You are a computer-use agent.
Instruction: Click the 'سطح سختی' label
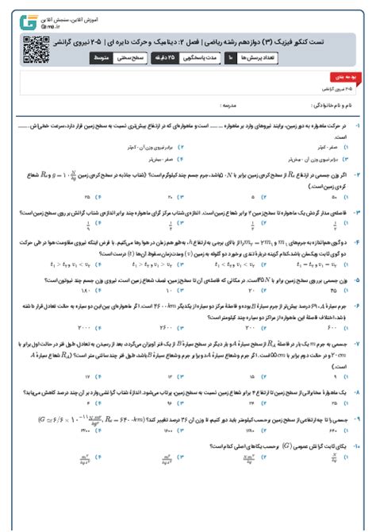tap(136, 58)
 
